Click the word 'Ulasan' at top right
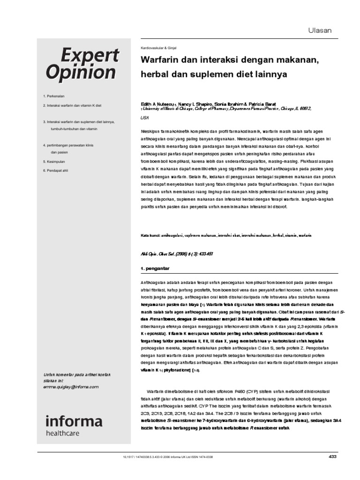(319, 30)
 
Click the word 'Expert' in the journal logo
(82, 55)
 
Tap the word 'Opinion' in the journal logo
(81, 73)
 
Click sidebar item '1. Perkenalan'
(54, 96)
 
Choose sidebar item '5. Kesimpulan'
(54, 161)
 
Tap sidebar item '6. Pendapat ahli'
(55, 170)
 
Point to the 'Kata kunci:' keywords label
(150, 235)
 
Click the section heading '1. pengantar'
(155, 268)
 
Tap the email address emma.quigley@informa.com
(70, 387)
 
